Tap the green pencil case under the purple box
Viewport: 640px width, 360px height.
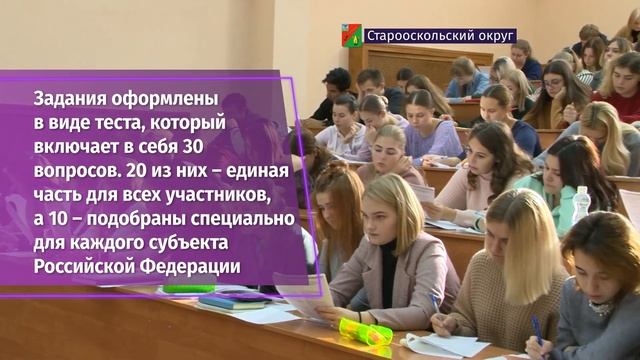click(x=189, y=289)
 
